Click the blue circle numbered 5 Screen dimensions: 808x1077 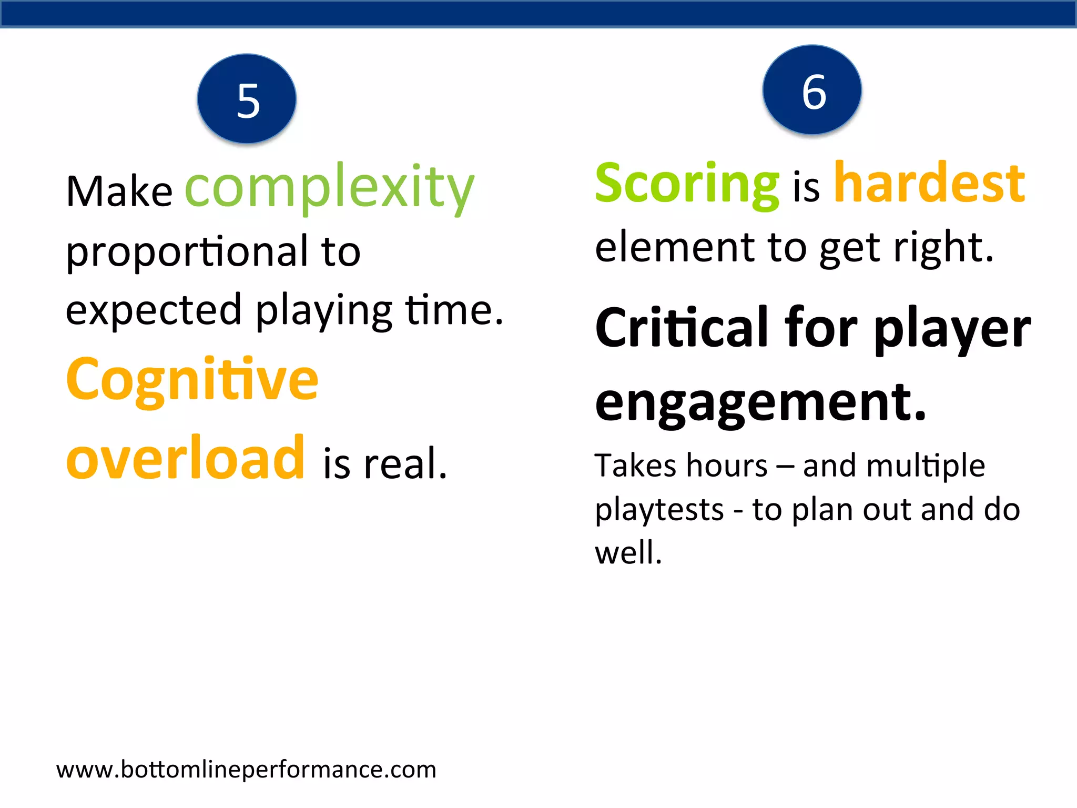[x=247, y=99]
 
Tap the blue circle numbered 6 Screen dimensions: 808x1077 [x=812, y=90]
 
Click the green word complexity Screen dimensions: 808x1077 [x=330, y=187]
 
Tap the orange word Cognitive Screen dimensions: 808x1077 [x=192, y=380]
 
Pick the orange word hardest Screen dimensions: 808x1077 [x=930, y=183]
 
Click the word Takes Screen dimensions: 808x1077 [x=635, y=466]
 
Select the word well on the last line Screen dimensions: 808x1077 [x=628, y=553]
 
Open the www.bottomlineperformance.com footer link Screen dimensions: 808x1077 [x=246, y=770]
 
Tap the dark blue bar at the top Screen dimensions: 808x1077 [x=538, y=14]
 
